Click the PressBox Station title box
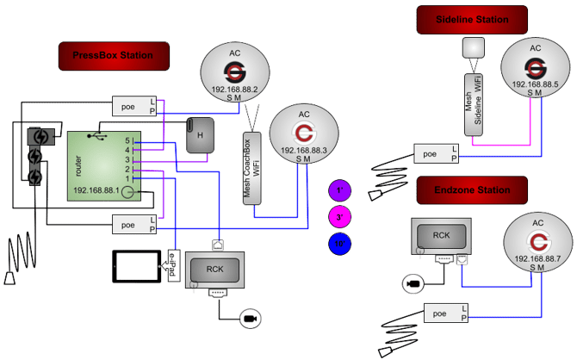coord(114,56)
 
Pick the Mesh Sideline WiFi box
coord(475,99)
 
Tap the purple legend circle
coord(341,190)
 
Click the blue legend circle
coord(341,245)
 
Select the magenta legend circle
coord(341,218)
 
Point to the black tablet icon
coord(136,266)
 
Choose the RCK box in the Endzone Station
coord(442,237)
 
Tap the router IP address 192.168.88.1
coord(96,190)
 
